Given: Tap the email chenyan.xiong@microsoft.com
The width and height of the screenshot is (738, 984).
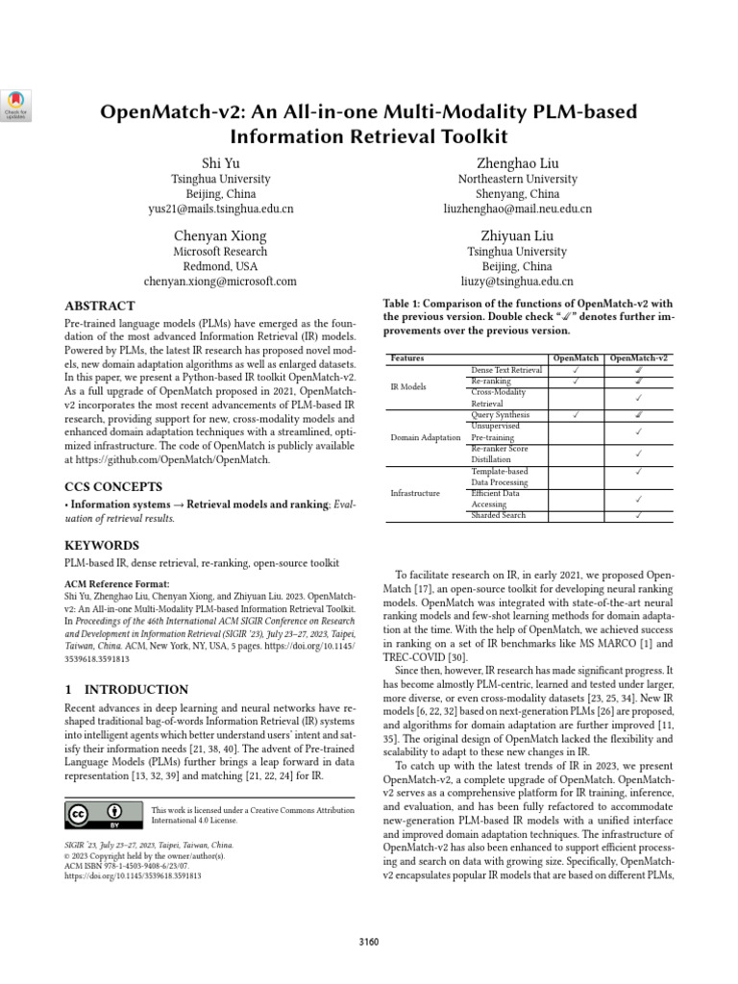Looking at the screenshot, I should pos(220,282).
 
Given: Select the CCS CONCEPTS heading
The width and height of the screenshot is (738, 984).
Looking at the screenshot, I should pos(112,486).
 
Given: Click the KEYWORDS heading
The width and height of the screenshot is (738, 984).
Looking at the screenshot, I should pos(102,544).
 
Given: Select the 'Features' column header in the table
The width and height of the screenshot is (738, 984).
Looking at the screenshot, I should pos(406,358).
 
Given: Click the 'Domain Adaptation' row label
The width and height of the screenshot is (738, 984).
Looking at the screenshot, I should pos(426,437).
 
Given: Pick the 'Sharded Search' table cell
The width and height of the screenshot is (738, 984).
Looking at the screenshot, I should pos(498,516).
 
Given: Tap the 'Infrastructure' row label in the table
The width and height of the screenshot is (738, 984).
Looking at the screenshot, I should pos(415,493).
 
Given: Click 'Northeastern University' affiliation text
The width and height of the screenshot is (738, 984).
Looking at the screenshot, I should pos(517,179).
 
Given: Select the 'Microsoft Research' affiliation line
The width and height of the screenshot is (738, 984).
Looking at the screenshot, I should pos(220,251).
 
